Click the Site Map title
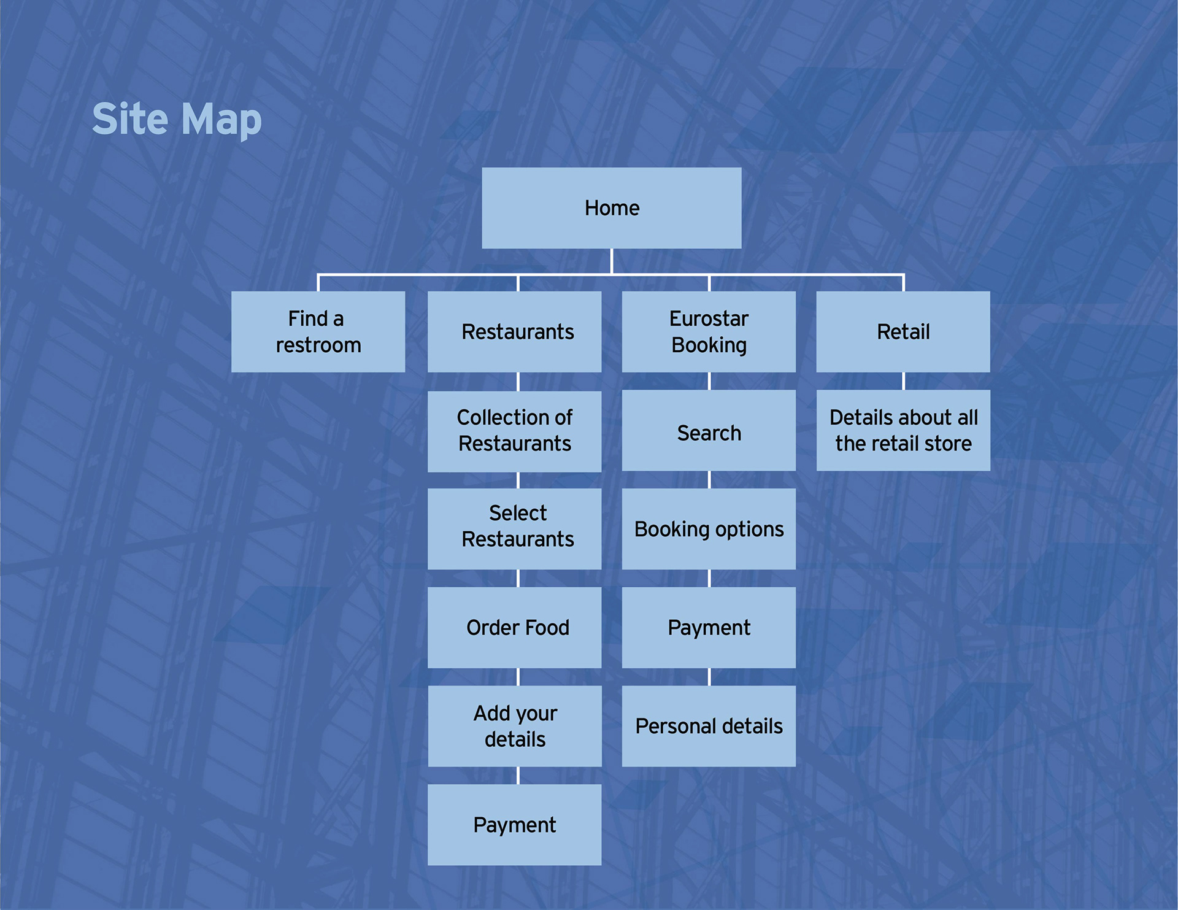(177, 119)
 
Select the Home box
(611, 208)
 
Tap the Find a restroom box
(318, 331)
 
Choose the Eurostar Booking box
(709, 331)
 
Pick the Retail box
(903, 331)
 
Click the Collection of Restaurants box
(514, 431)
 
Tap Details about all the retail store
(903, 431)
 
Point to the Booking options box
(709, 528)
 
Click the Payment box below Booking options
(709, 627)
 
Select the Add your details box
(514, 726)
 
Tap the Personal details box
(709, 726)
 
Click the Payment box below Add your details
(514, 825)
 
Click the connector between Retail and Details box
(903, 381)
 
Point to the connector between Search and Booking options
(709, 480)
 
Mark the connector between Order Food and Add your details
(518, 677)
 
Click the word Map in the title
(221, 120)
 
